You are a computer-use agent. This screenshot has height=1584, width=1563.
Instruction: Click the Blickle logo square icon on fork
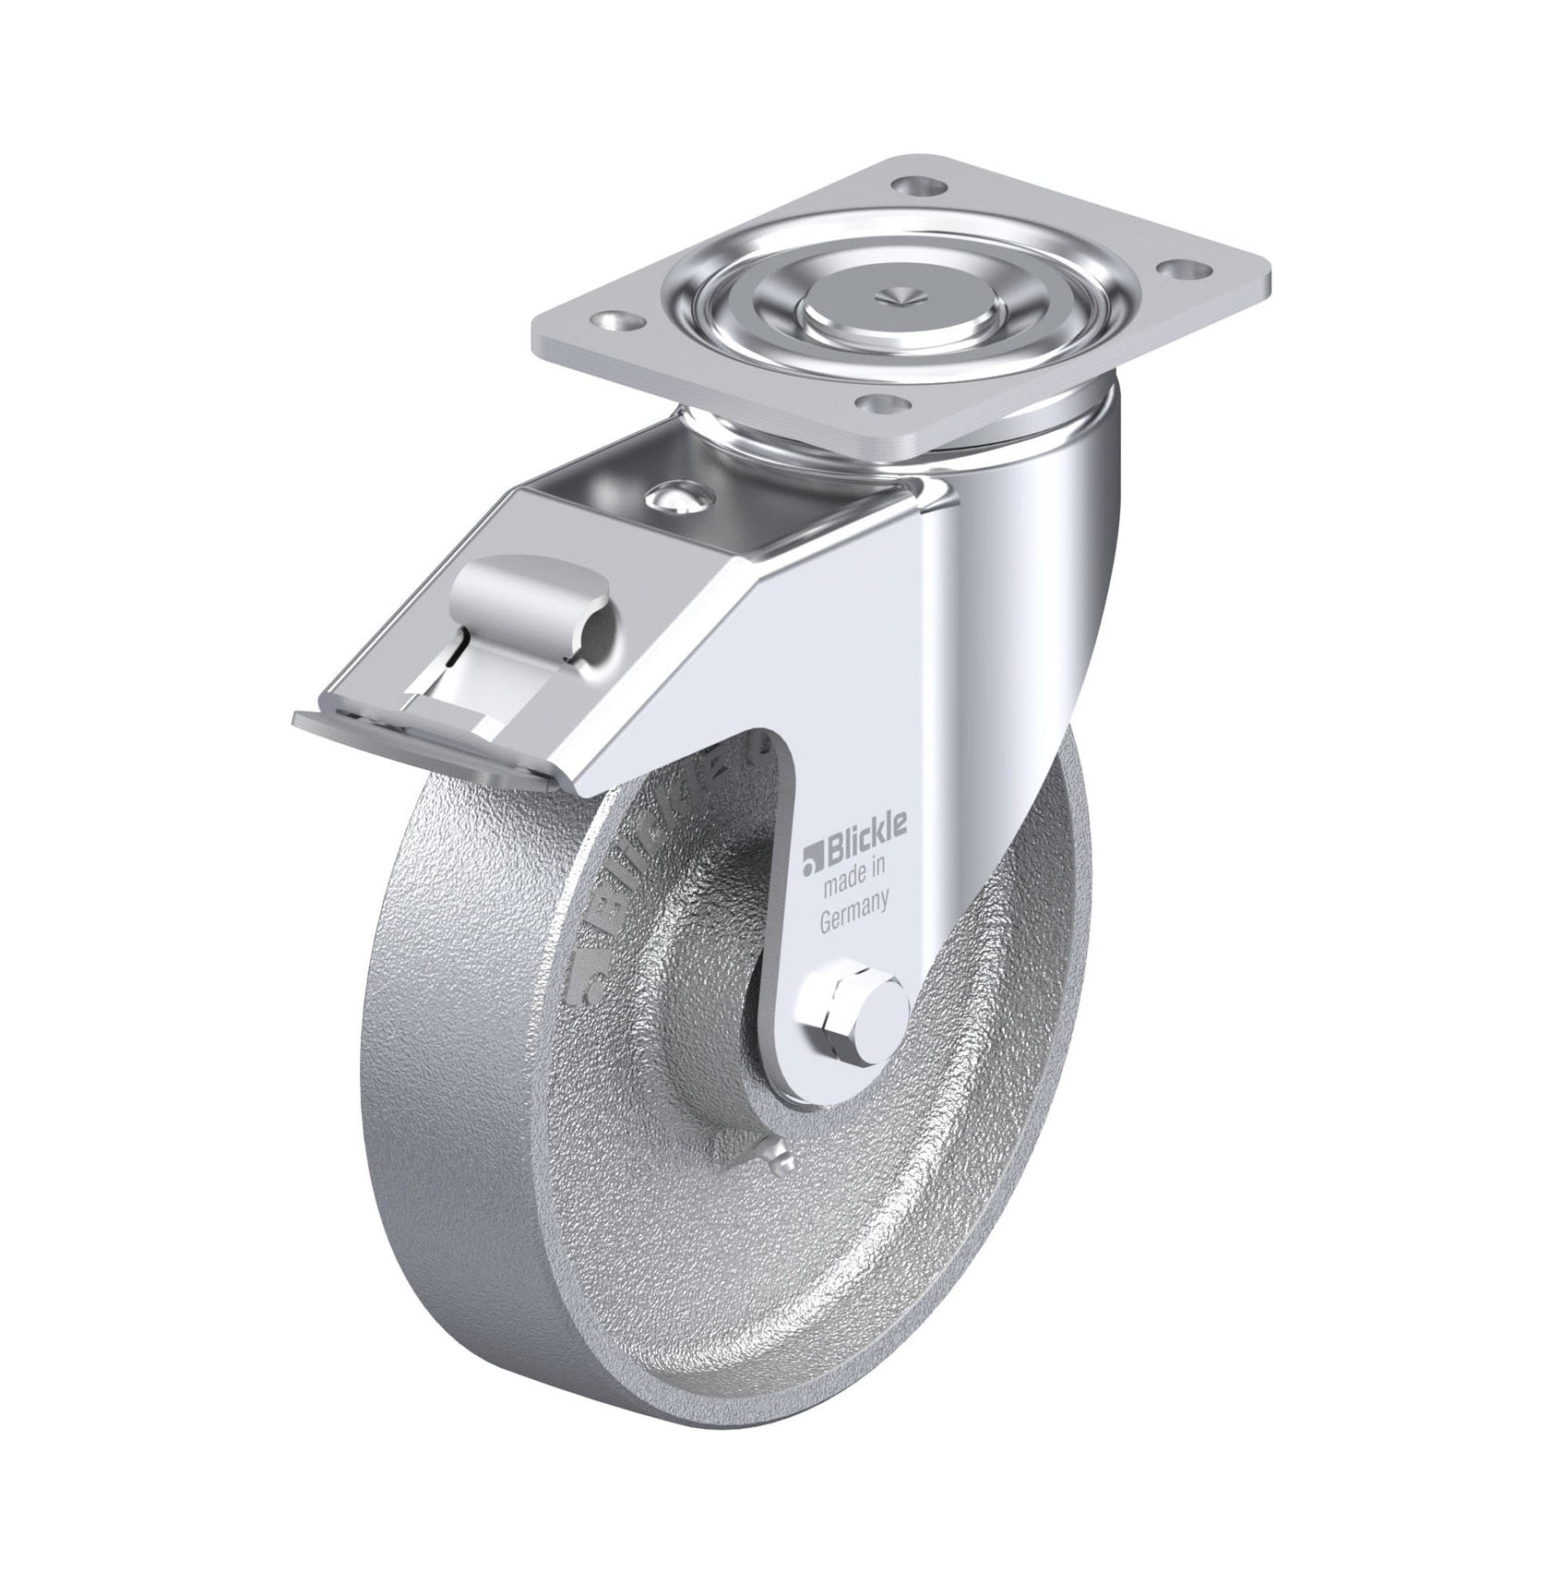(x=812, y=834)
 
